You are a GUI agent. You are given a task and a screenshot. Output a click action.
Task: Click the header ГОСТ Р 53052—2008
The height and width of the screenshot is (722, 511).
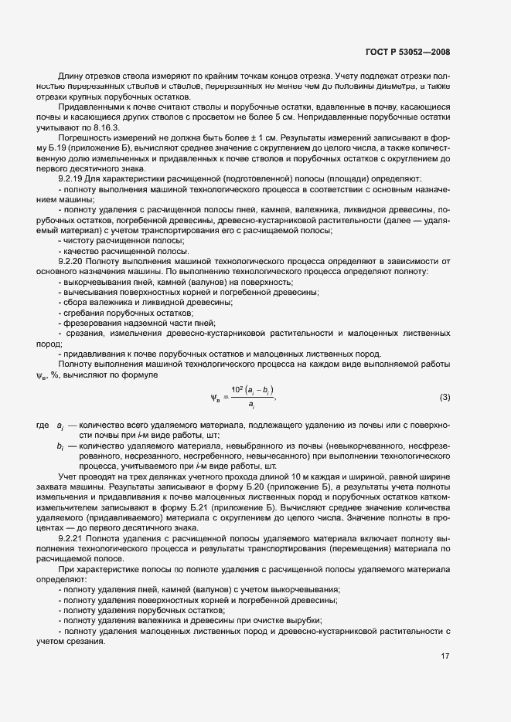point(408,53)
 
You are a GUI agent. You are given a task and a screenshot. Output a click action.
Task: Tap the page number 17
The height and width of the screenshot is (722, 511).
point(445,657)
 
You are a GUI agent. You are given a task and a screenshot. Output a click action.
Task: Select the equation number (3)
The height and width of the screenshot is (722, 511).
point(445,397)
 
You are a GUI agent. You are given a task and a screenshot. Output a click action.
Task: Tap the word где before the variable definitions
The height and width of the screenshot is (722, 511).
point(43,425)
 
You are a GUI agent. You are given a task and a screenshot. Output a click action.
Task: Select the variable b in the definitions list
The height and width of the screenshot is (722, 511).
point(60,446)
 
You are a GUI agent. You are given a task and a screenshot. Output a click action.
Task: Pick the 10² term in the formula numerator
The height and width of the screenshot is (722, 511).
point(237,388)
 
